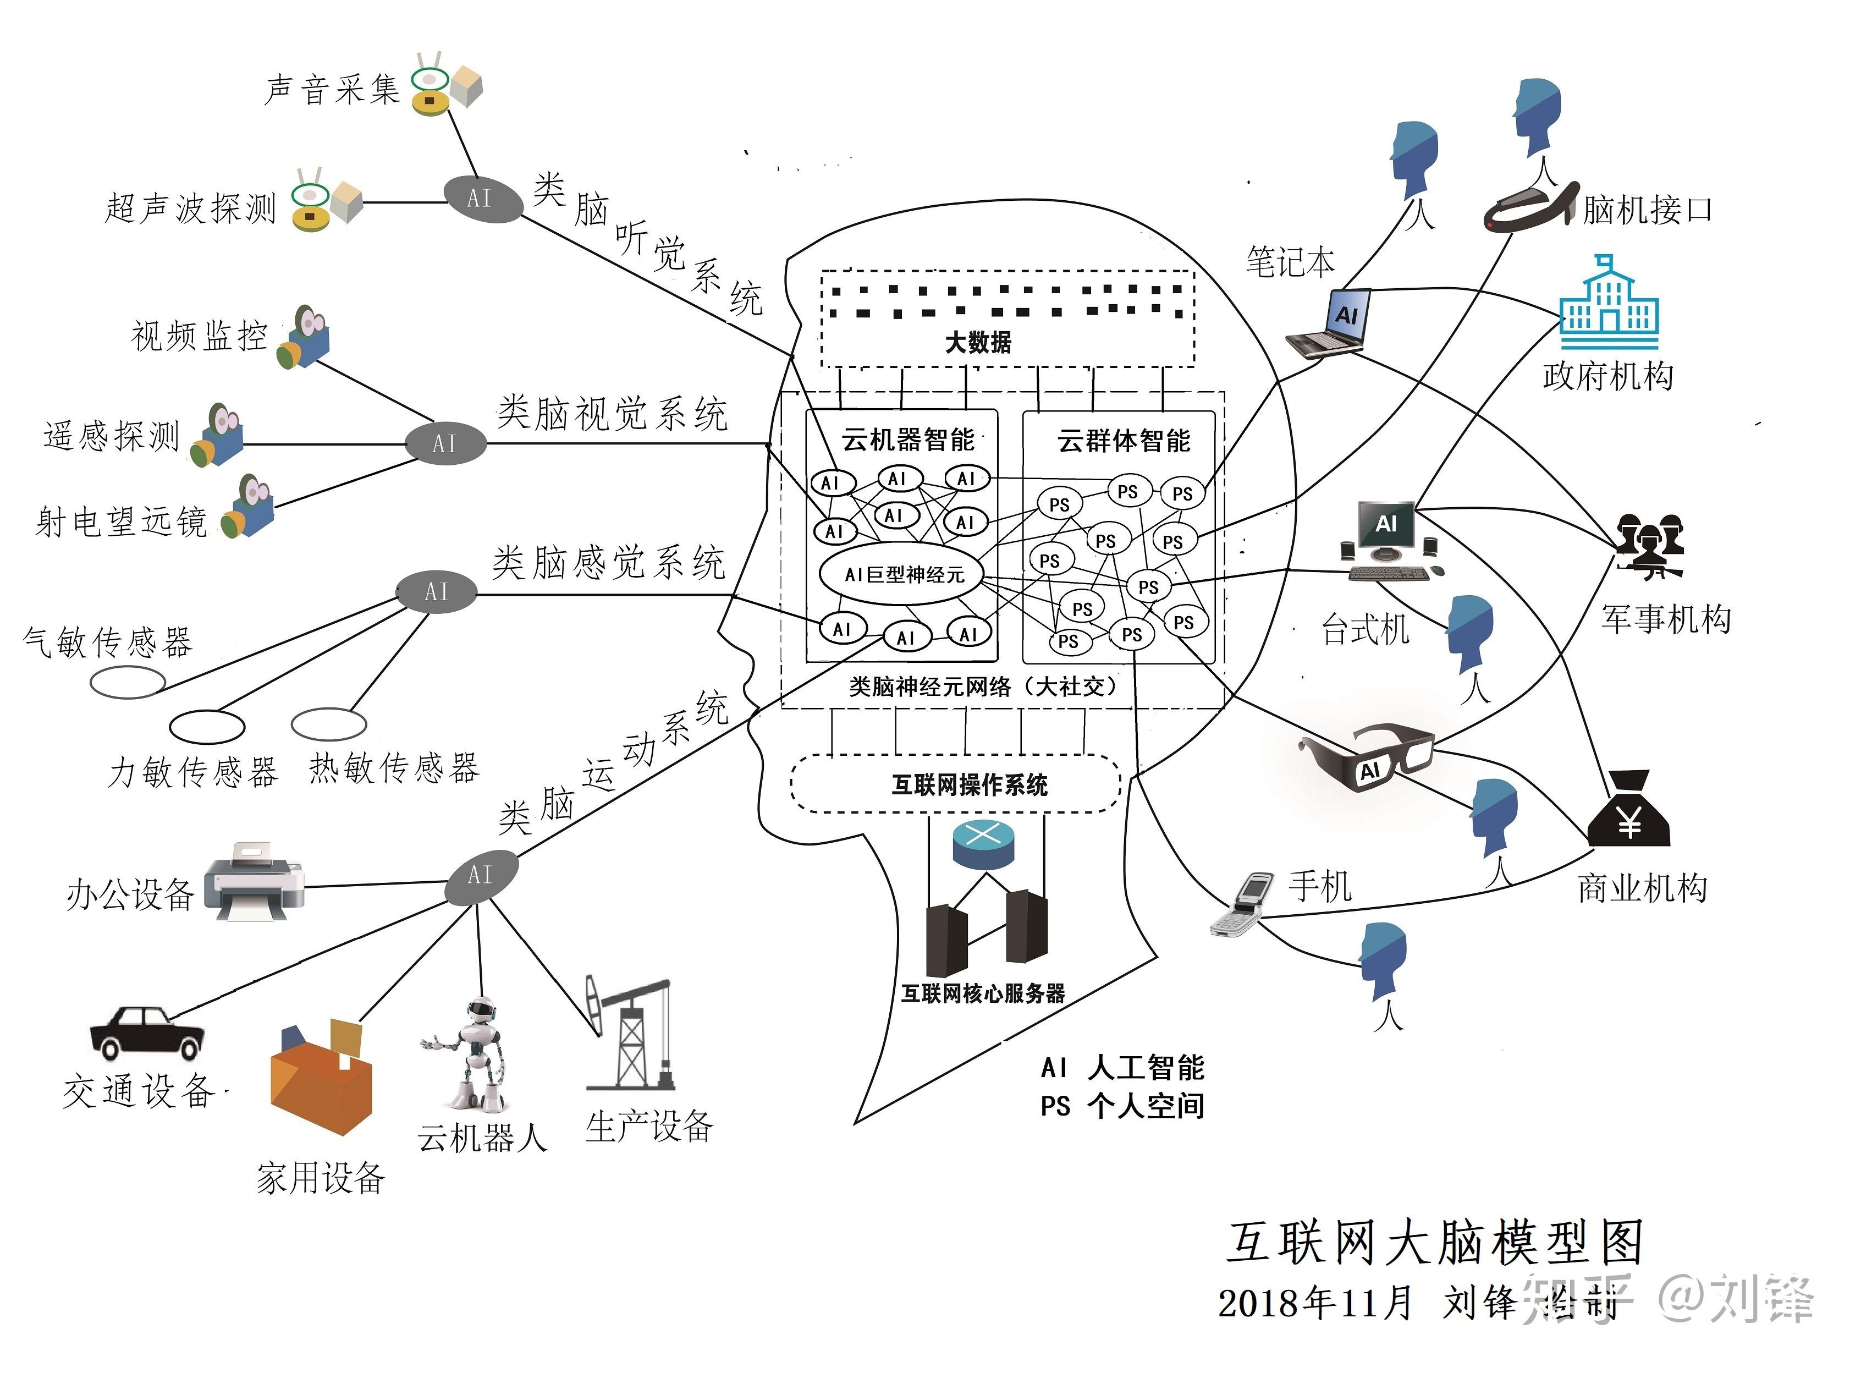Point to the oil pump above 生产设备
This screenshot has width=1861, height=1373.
pos(629,1035)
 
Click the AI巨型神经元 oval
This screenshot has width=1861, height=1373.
pos(904,574)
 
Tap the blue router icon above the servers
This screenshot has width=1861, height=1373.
pos(983,844)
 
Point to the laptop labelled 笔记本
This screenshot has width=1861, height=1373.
pos(1329,324)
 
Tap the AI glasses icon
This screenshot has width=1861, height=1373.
pos(1367,756)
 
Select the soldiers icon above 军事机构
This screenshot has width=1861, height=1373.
pos(1649,545)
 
